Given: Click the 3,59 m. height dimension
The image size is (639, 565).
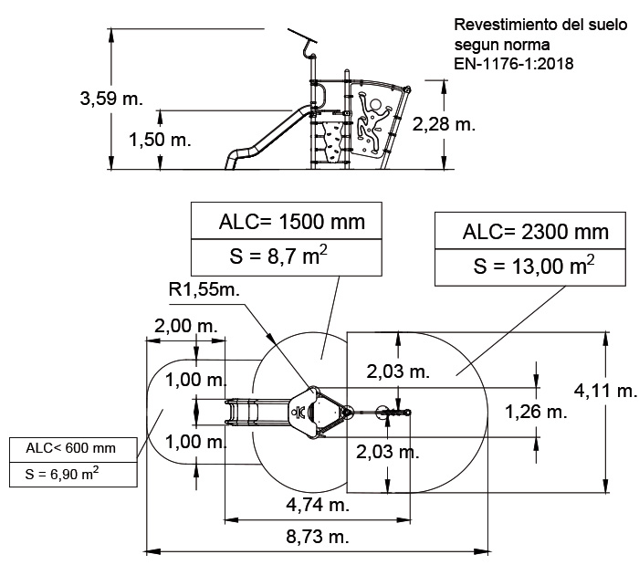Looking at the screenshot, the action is point(111,99).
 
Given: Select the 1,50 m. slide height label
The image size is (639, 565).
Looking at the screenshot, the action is point(160,140).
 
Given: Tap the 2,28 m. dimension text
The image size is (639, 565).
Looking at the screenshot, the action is point(444,124).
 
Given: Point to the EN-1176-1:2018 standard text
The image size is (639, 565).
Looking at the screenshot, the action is point(513,64).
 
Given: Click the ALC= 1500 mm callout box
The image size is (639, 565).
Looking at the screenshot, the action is point(287,221).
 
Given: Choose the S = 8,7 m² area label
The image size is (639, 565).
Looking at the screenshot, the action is point(278,256).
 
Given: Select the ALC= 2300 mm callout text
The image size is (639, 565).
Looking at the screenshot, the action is point(536,232).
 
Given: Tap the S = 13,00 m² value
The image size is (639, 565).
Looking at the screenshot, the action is point(534,266).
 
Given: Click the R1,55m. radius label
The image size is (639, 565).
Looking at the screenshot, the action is point(204,289).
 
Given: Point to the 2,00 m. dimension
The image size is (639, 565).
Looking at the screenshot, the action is point(186,326).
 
